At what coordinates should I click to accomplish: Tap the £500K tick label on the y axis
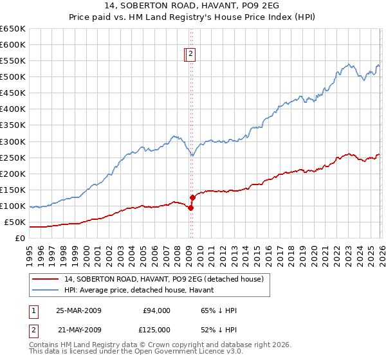click(13, 77)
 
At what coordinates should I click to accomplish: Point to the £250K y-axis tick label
click(13, 157)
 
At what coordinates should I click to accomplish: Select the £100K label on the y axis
click(13, 206)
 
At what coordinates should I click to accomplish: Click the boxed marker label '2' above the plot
click(192, 55)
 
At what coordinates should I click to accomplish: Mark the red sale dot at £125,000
click(192, 197)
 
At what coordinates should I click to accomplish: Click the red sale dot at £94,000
click(190, 208)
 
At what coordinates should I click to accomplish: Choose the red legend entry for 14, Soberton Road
click(163, 279)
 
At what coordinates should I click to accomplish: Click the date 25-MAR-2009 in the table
click(78, 310)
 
